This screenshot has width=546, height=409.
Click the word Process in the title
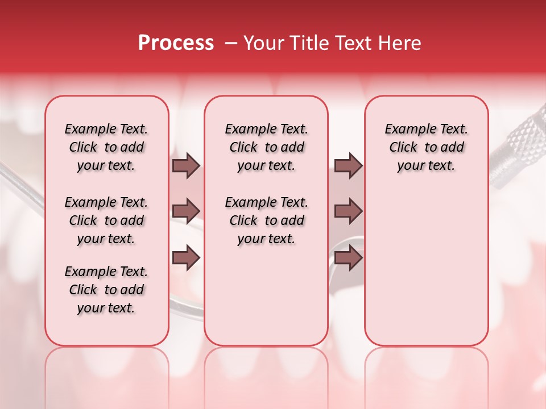(176, 43)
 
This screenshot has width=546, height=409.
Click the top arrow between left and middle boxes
(186, 165)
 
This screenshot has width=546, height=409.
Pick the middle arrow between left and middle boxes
(186, 211)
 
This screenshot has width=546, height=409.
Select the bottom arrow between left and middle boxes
(186, 257)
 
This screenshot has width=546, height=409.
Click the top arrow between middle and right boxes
(348, 165)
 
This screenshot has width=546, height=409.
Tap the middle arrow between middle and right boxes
(348, 211)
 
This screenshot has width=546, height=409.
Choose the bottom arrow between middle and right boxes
(348, 257)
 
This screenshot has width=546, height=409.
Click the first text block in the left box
(106, 147)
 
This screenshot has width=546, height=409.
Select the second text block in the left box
(106, 220)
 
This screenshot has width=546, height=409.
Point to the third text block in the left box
(106, 290)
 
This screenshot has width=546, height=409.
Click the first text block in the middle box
(266, 147)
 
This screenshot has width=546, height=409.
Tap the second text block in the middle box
(266, 220)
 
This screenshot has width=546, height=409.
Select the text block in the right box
(426, 147)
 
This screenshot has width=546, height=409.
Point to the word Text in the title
(351, 43)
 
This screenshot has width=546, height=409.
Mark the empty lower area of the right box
(426, 267)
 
